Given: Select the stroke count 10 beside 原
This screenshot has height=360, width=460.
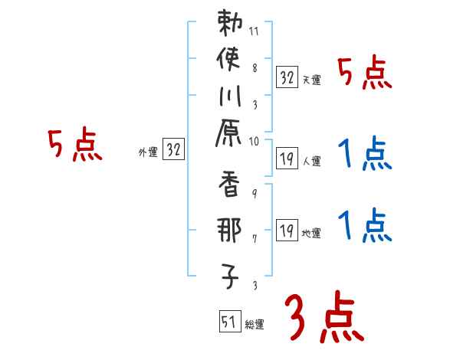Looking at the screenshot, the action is click(254, 140).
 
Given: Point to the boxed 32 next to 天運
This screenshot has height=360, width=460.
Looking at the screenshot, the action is click(287, 77).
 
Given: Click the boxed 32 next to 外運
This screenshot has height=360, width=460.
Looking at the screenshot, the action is click(173, 150).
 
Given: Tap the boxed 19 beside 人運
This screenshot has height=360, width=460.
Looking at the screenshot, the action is click(287, 159).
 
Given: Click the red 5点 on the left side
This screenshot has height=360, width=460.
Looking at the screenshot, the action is click(75, 145).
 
